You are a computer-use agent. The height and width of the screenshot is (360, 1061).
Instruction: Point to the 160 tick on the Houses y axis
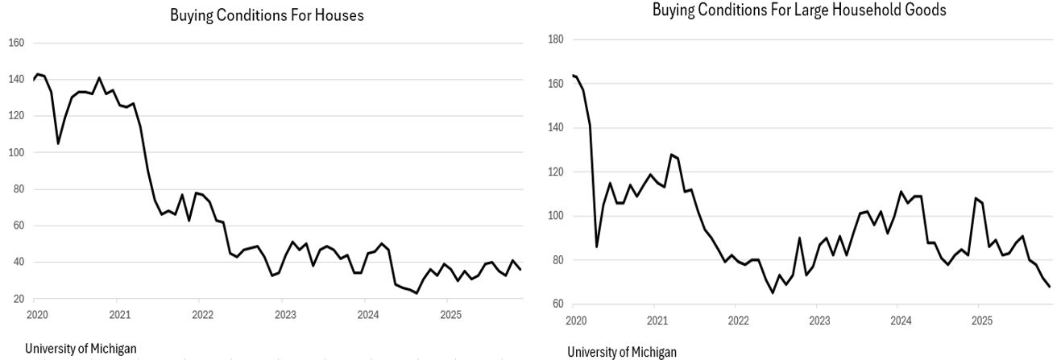pyautogui.click(x=16, y=43)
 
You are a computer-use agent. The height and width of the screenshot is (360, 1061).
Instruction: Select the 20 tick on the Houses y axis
pyautogui.click(x=18, y=299)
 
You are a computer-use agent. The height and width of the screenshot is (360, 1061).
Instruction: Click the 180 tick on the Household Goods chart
pyautogui.click(x=555, y=39)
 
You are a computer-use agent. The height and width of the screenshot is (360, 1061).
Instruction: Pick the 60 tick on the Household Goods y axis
pyautogui.click(x=557, y=304)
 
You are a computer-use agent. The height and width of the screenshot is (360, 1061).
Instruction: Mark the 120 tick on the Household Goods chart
pyautogui.click(x=555, y=172)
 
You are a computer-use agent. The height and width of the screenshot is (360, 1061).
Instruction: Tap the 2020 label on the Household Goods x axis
pyautogui.click(x=575, y=320)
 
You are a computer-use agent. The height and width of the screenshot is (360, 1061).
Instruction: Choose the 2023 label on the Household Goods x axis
pyautogui.click(x=819, y=320)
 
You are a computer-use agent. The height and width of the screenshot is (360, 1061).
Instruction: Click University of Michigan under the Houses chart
pyautogui.click(x=81, y=348)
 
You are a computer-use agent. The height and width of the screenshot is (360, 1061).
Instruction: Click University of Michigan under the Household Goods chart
pyautogui.click(x=622, y=352)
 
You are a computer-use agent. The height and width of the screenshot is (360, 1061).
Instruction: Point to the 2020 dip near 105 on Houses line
pyautogui.click(x=58, y=143)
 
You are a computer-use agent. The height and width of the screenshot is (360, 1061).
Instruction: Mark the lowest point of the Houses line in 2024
pyautogui.click(x=417, y=293)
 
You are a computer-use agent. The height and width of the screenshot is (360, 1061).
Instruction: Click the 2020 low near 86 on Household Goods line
pyautogui.click(x=596, y=246)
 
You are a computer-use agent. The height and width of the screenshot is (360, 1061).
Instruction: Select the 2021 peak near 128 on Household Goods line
pyautogui.click(x=670, y=154)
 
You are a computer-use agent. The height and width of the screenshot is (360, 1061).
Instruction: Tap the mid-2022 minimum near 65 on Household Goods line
pyautogui.click(x=773, y=292)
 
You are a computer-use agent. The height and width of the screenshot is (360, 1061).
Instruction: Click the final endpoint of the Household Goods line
pyautogui.click(x=1050, y=287)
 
